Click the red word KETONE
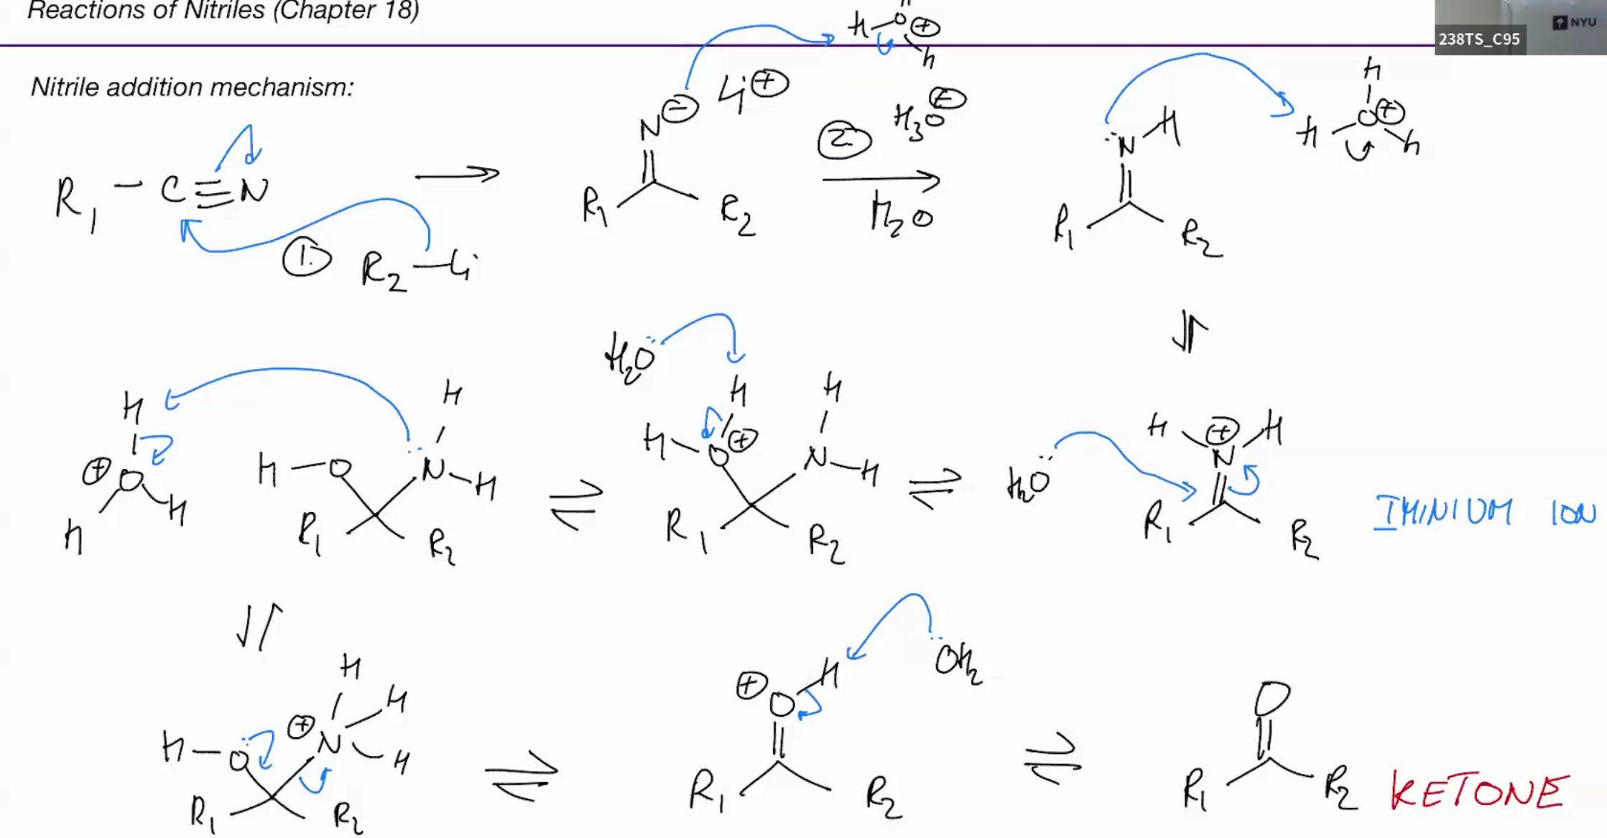[1479, 792]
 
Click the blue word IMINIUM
[1443, 513]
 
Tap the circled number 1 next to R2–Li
[307, 259]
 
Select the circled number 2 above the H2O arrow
[844, 140]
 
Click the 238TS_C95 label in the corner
[1478, 39]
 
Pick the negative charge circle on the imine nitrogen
[680, 110]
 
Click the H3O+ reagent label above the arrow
[928, 115]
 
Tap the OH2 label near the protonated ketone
[958, 662]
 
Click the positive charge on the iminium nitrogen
[1222, 432]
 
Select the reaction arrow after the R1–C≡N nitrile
[457, 174]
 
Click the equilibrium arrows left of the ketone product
[1052, 760]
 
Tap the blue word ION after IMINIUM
[1573, 513]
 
